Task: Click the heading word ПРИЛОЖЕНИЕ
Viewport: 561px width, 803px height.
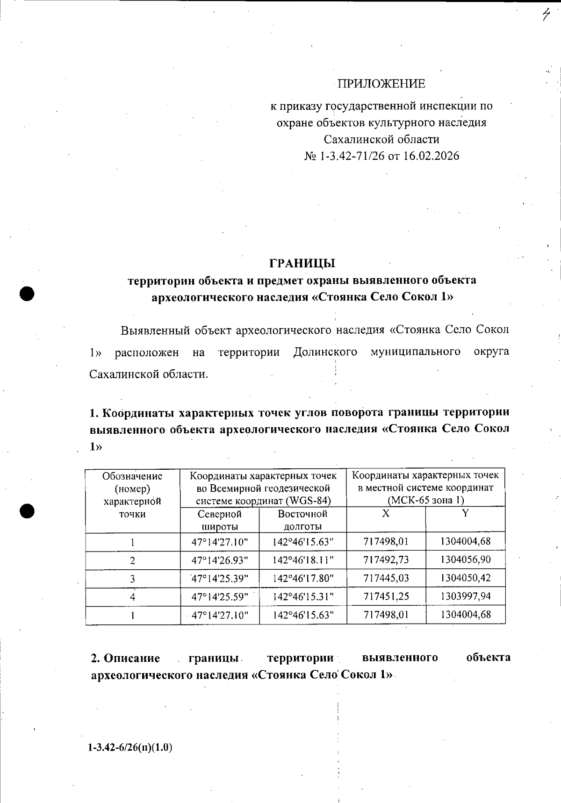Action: pos(381,84)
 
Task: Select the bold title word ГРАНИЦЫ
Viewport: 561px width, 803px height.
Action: pos(302,263)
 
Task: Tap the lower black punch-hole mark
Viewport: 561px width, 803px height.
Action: pos(28,511)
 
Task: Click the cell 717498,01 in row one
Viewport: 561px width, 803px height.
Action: pos(386,542)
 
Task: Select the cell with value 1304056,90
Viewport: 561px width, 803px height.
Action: pos(465,560)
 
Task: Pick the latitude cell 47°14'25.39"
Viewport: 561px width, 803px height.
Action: pos(219,578)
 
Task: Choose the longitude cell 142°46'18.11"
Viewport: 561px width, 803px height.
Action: pos(302,560)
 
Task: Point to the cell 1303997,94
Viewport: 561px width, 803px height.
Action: pos(465,596)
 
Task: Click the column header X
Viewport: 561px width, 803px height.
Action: pos(386,513)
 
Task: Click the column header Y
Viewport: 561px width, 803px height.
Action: pos(465,513)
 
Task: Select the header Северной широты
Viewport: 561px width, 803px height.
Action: pos(219,520)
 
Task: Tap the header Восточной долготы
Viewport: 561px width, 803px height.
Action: pos(302,520)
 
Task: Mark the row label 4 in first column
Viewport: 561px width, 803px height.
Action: pos(133,597)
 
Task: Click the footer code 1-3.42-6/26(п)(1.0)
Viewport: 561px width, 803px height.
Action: pos(130,748)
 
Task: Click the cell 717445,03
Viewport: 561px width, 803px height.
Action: pos(386,578)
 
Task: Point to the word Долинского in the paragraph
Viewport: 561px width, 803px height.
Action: pos(325,352)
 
